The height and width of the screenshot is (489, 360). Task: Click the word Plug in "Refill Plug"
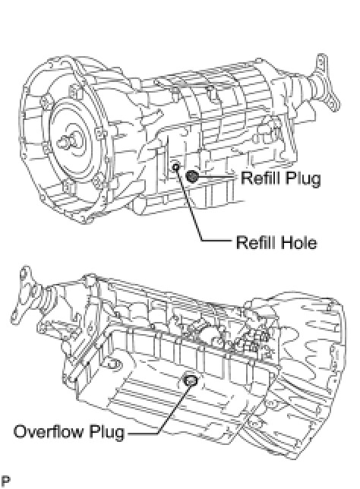303,178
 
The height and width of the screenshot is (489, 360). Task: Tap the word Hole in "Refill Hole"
298,243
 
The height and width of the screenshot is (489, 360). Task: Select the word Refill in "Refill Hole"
254,243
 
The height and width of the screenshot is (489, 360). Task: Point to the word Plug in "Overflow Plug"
106,432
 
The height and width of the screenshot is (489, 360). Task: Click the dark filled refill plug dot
192,176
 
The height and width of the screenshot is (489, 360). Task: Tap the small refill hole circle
175,167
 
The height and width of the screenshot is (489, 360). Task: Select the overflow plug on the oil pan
191,380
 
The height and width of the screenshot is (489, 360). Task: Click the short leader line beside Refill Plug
217,177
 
